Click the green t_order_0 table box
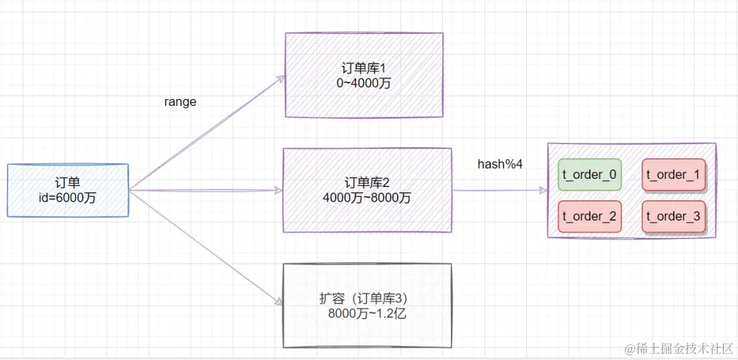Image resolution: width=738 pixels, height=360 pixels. click(590, 175)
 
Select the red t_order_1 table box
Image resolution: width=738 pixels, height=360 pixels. click(673, 175)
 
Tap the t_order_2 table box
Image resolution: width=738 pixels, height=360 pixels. click(590, 217)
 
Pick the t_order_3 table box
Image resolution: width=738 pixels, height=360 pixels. click(673, 217)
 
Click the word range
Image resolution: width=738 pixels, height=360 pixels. click(180, 102)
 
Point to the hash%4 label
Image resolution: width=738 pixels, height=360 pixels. click(500, 165)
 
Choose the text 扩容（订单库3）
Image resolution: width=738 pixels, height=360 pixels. click(367, 299)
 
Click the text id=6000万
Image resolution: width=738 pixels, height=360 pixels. click(68, 197)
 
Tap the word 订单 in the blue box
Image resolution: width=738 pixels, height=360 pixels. click(68, 182)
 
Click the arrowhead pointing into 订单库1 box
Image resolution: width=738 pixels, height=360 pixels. click(281, 79)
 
